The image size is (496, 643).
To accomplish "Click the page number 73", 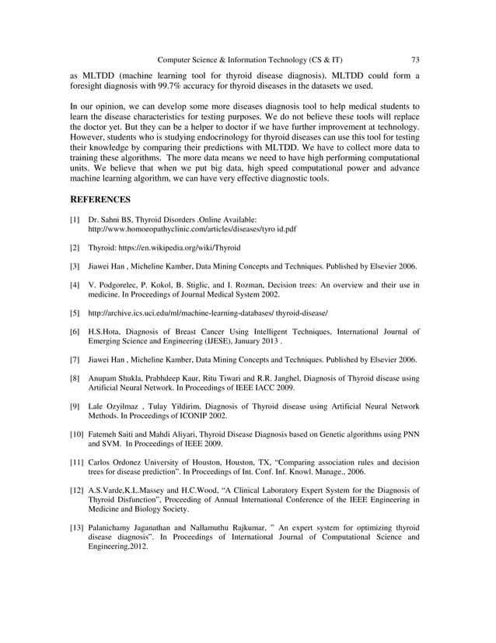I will (x=415, y=59).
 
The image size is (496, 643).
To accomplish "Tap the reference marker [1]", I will (x=75, y=221).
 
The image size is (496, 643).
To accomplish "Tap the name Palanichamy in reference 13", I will (x=114, y=529).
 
